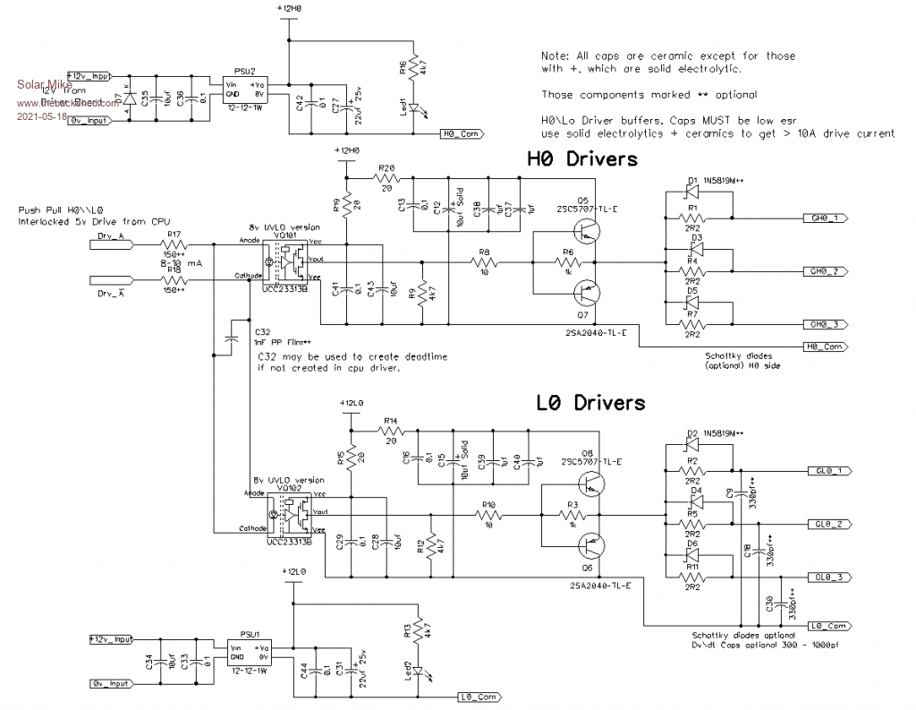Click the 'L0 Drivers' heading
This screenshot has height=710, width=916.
point(590,404)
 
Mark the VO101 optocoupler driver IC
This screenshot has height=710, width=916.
point(288,260)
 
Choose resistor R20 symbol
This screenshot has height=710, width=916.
point(386,178)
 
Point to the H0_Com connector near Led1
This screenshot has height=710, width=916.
point(463,135)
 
